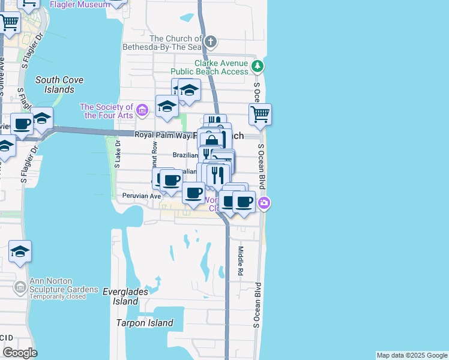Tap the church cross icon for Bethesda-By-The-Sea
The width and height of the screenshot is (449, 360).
[x=210, y=41]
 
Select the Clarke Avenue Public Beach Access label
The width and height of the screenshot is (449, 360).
[x=221, y=67]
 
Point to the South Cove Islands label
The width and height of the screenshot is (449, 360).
[x=59, y=85]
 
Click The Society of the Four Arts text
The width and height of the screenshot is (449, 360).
[x=106, y=111]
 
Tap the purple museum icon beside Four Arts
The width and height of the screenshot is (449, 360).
[x=142, y=110]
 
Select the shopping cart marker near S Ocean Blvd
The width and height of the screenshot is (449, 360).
[x=260, y=113]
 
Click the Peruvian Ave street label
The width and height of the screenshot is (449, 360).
[x=142, y=196]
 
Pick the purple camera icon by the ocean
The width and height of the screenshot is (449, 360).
[x=264, y=204]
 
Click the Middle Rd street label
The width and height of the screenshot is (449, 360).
[x=240, y=260]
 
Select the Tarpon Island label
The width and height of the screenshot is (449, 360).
[x=145, y=323]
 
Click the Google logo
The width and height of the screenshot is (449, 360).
[x=20, y=353]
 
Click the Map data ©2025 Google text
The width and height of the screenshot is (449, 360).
[x=412, y=355]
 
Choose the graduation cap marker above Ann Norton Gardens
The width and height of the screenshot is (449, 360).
[x=20, y=251]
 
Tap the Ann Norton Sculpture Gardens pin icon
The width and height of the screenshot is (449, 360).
[x=20, y=289]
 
